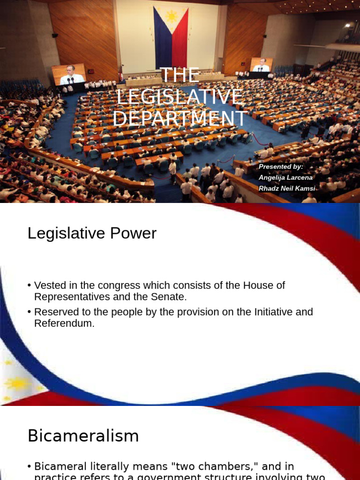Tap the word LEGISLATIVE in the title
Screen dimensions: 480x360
point(180,97)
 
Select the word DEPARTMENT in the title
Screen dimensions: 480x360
point(180,118)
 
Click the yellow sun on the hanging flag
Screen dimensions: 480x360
point(171,16)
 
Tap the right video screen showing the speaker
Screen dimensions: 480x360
point(261,65)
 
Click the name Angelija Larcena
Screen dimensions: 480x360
point(285,177)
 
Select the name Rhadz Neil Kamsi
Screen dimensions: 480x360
point(286,188)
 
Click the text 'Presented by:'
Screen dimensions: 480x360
point(281,166)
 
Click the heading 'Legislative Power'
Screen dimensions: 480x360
point(92,233)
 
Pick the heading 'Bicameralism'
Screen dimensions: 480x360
point(83,436)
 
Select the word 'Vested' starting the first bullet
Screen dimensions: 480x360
point(49,285)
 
